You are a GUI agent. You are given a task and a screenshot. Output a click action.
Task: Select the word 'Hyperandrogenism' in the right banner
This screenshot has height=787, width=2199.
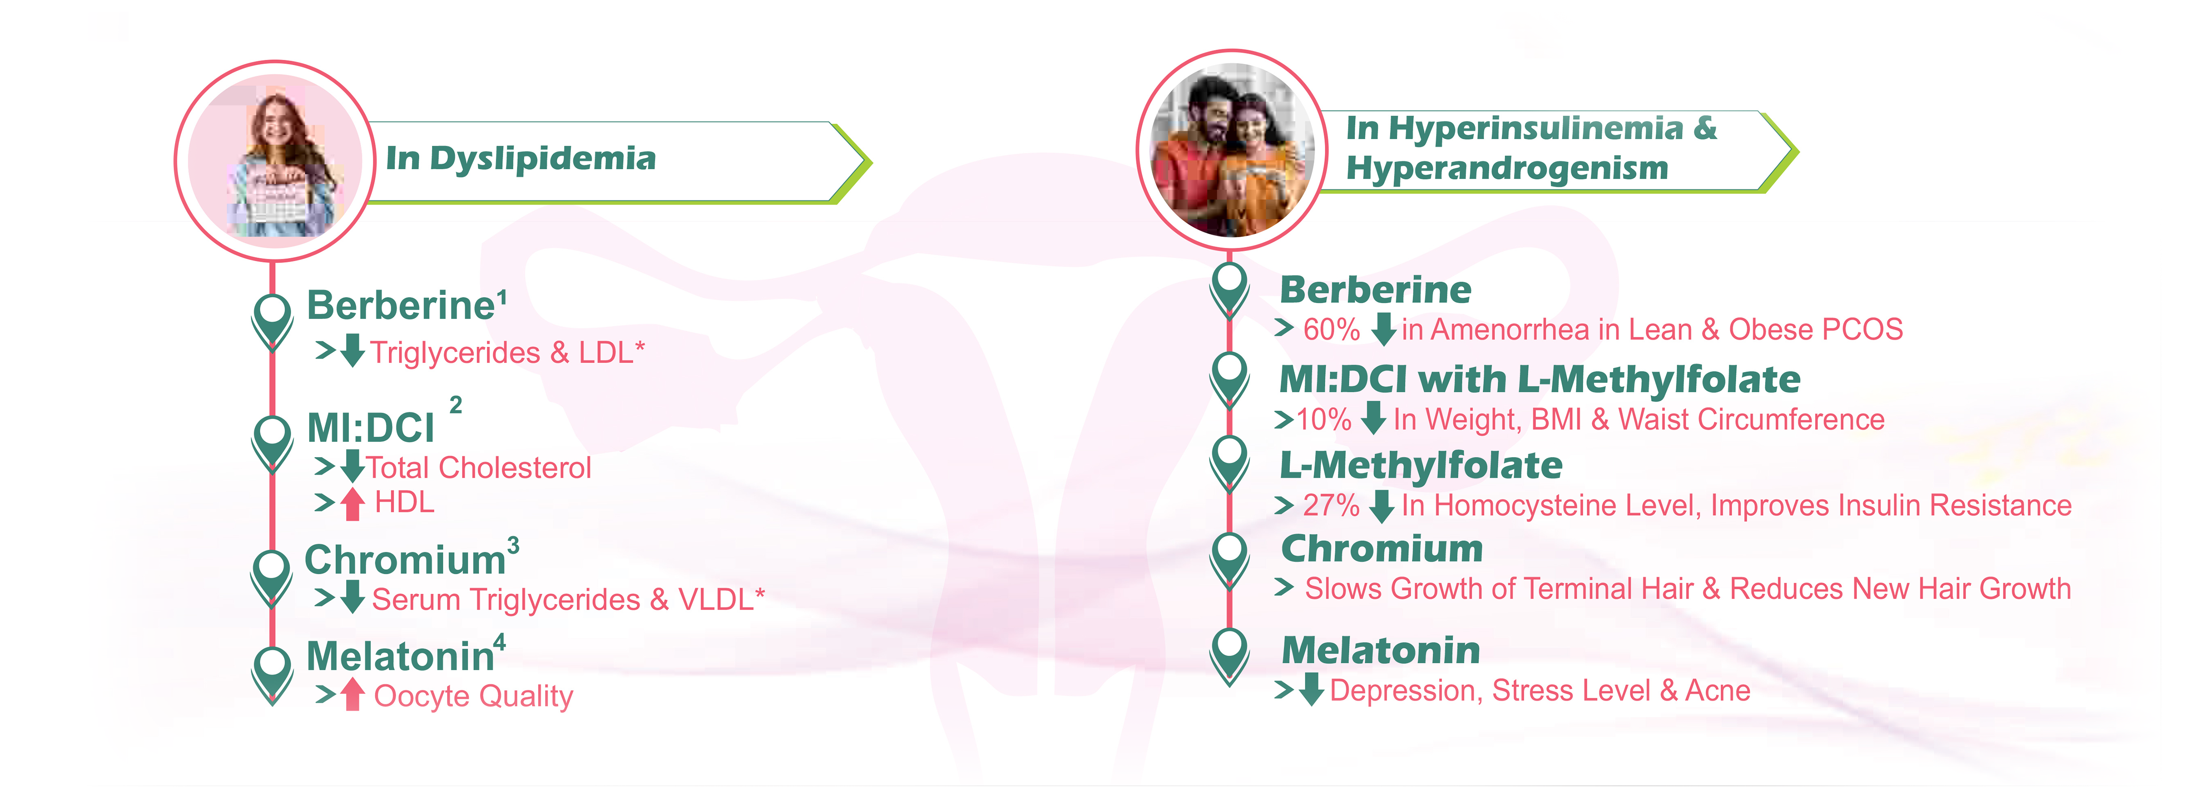point(1507,168)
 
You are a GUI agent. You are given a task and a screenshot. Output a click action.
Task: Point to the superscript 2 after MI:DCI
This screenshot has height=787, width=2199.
point(456,405)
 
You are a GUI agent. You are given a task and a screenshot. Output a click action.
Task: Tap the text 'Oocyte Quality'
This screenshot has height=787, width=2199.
point(474,697)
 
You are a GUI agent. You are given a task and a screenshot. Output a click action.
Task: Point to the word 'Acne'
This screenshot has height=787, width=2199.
point(1718,690)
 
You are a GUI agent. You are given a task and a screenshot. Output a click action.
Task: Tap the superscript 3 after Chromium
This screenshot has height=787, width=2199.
point(513,545)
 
